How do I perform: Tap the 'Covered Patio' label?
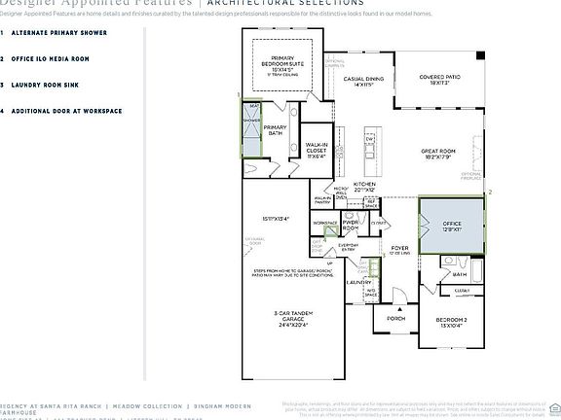(x=440, y=80)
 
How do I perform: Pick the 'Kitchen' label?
(x=363, y=186)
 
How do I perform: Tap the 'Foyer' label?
(x=400, y=249)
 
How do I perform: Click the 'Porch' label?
(x=396, y=318)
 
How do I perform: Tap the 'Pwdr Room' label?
(x=350, y=226)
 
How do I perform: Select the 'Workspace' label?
(x=324, y=223)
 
